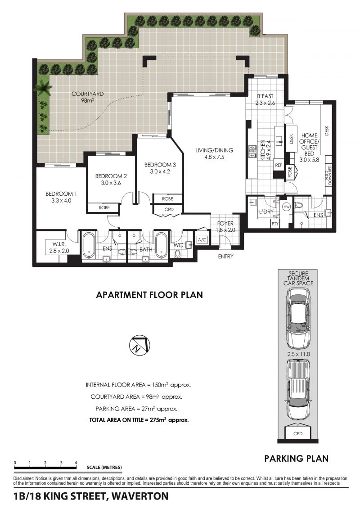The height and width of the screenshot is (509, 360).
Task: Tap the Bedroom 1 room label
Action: pos(61,194)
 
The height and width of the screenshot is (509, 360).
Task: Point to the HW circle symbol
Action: pos(286,207)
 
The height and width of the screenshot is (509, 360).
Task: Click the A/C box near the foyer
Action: pos(202,240)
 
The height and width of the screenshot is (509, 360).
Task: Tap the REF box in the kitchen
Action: pos(278,165)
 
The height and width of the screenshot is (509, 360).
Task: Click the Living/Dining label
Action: pos(214,150)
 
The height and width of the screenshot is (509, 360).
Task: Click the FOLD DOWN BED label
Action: pos(329,176)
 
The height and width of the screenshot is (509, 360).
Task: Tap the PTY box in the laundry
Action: pos(275,223)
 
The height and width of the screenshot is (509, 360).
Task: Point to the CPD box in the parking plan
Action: pos(297,434)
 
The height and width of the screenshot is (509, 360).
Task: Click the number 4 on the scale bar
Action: pos(76,463)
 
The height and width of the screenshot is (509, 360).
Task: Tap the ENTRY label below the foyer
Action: pos(225,257)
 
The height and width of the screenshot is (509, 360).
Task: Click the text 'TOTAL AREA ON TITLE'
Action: pos(118,420)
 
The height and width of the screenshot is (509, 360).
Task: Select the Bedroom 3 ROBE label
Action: pos(167,198)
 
